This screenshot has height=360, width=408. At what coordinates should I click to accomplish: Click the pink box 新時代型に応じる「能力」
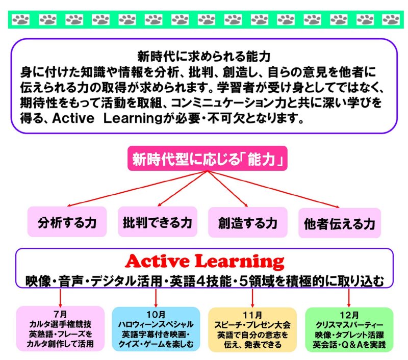[x=208, y=159]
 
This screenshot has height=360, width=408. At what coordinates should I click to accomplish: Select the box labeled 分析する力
[x=67, y=222]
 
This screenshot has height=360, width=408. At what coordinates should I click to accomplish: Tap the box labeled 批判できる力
[x=158, y=222]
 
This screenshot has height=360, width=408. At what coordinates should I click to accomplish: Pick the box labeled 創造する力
[x=248, y=222]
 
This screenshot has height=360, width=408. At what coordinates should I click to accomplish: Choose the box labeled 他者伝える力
[x=340, y=223]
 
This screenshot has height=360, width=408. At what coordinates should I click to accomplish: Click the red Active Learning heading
[x=205, y=261]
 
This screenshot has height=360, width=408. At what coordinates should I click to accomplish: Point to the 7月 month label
[x=60, y=314]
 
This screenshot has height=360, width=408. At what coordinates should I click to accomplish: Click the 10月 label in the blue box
[x=156, y=315]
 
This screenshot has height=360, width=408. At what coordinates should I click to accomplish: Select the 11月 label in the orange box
[x=252, y=315]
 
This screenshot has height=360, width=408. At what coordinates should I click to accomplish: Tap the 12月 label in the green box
[x=349, y=315]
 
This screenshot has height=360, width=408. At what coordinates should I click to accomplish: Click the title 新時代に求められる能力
[x=204, y=57]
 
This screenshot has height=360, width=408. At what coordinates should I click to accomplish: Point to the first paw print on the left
[x=21, y=20]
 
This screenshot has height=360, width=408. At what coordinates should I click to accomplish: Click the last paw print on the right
[x=391, y=20]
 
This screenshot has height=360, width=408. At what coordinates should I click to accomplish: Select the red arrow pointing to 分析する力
[x=137, y=189]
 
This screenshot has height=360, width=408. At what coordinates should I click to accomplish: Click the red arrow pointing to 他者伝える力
[x=274, y=189]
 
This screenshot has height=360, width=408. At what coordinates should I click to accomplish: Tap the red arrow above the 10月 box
[x=156, y=298]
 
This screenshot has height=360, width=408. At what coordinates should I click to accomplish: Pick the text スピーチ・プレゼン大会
[x=252, y=325]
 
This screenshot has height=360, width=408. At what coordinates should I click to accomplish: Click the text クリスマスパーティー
[x=349, y=325]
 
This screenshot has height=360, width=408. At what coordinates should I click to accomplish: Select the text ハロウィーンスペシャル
[x=156, y=324]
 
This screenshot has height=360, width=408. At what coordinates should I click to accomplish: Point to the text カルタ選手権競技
[x=60, y=324]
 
